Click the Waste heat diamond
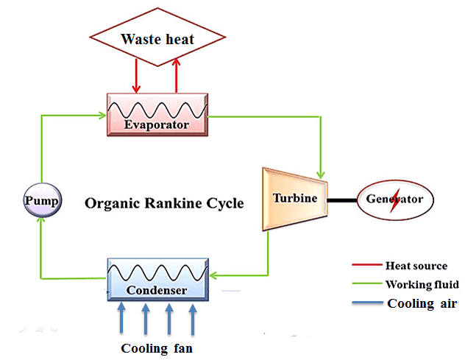click(x=157, y=37)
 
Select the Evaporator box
click(x=157, y=115)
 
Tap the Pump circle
click(x=43, y=200)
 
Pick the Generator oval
click(x=395, y=200)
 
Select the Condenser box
click(x=157, y=280)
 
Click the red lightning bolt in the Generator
click(x=394, y=200)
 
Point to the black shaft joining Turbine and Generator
click(x=342, y=201)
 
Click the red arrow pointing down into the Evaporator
click(x=136, y=76)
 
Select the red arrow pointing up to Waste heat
click(x=176, y=75)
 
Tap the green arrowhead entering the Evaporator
click(x=102, y=115)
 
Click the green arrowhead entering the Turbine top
click(x=321, y=174)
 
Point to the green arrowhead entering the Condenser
click(x=213, y=275)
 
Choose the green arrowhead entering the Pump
click(x=41, y=221)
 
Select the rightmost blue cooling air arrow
click(x=193, y=320)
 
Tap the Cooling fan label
click(x=157, y=348)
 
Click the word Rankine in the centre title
click(x=173, y=203)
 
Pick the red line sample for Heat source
click(x=367, y=264)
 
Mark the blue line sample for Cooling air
click(x=368, y=303)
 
